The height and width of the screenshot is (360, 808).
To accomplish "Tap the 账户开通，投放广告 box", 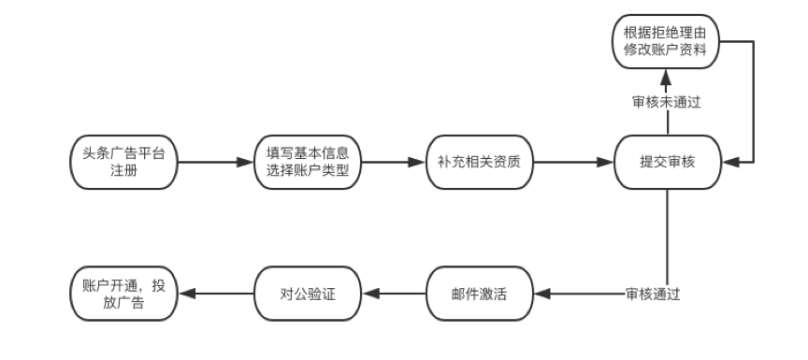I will tap(123, 294).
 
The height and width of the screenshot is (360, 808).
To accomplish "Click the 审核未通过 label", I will tap(667, 101).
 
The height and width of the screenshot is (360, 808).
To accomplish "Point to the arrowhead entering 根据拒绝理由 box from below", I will tap(668, 76).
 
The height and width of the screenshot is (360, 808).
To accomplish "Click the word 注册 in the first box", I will tap(123, 172).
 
